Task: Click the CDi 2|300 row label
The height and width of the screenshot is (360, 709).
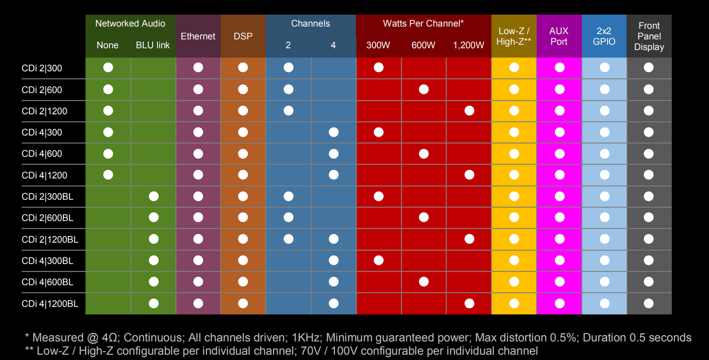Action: click(42, 68)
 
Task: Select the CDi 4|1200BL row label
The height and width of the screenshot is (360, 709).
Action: click(50, 304)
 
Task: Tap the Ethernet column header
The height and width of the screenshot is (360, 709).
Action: click(198, 36)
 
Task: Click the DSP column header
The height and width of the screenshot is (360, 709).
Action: click(243, 36)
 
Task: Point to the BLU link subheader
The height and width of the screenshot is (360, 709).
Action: click(153, 45)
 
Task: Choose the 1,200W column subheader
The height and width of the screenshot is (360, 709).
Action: click(468, 45)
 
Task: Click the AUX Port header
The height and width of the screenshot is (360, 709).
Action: click(559, 36)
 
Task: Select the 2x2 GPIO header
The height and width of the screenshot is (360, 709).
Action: click(604, 36)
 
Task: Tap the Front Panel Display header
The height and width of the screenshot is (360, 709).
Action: click(649, 36)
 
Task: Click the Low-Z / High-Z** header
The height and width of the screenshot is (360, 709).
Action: click(514, 36)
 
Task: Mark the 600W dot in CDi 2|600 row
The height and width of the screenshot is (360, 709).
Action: click(424, 89)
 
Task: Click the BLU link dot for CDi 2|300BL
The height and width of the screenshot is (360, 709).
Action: click(154, 196)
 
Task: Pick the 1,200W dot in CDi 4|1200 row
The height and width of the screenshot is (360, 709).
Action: click(469, 175)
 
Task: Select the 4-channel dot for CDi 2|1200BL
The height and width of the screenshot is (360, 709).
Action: click(334, 239)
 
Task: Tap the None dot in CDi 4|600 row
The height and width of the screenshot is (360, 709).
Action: click(108, 154)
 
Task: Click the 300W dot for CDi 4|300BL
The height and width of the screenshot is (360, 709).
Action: click(379, 260)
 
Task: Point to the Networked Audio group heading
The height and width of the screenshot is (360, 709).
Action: click(130, 24)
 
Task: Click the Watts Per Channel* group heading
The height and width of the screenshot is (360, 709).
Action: click(423, 24)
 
